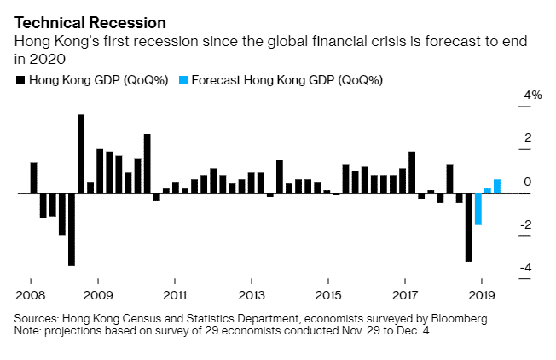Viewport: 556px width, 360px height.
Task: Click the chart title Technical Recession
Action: coord(78,20)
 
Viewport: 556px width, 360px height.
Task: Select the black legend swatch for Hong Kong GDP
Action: coord(20,81)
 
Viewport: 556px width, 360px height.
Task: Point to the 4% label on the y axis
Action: coord(533,96)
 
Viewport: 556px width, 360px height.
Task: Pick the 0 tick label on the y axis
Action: coord(529,182)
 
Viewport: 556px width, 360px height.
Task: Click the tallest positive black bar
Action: coord(81,154)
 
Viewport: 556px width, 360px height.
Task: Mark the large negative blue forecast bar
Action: coord(478,209)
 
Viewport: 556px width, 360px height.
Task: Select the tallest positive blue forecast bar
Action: coord(497,186)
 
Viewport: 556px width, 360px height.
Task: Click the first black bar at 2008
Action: coord(33,177)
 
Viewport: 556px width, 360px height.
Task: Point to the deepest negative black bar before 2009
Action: coord(72,229)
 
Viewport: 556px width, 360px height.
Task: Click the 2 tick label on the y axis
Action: coord(529,138)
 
